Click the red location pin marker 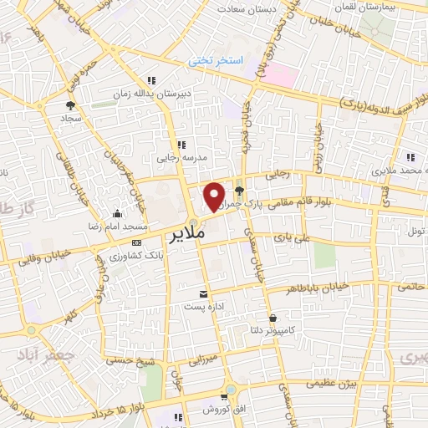coord(215,195)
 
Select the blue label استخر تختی coord(217,61)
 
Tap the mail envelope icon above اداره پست coord(203,293)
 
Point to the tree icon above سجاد coord(70,105)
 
